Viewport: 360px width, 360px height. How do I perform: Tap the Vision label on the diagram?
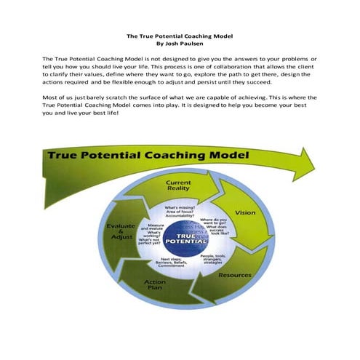[245, 213]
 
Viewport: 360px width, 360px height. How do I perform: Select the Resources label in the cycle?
[234, 276]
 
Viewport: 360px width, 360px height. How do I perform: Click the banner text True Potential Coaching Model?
[148, 156]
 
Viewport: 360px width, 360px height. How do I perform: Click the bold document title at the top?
[180, 34]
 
